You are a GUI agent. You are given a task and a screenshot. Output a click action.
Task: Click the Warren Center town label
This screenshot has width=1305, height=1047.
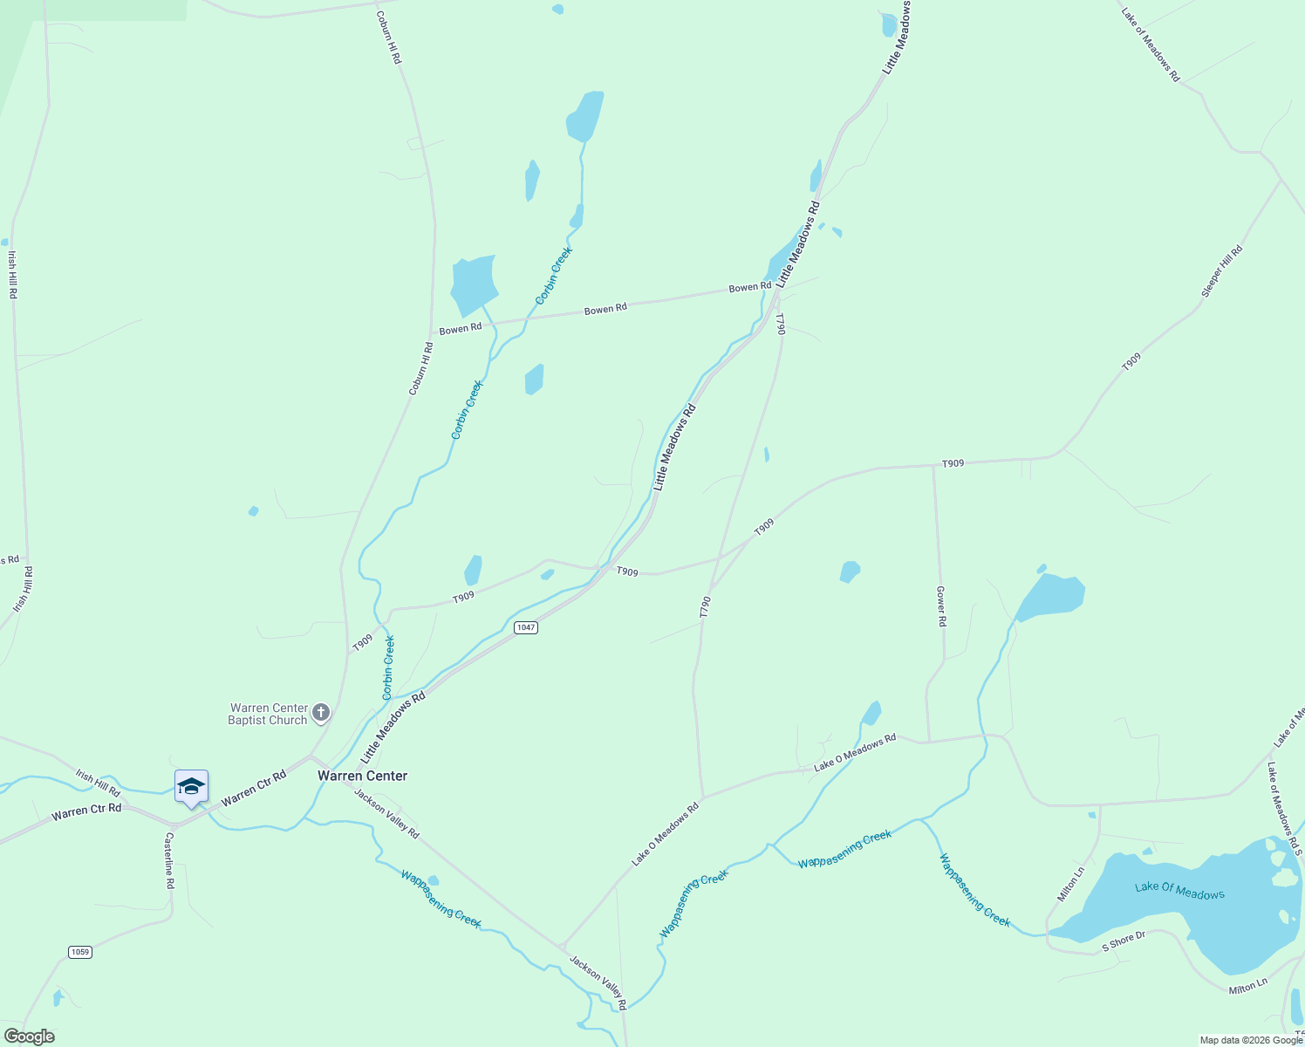point(362,776)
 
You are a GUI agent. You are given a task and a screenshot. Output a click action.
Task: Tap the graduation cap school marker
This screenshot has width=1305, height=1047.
point(191,786)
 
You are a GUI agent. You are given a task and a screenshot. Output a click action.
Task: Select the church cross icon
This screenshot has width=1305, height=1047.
point(321,714)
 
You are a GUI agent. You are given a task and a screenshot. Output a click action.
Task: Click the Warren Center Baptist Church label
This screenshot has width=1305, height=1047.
point(268,714)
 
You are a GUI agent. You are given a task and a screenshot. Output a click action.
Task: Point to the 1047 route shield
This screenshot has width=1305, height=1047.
point(525,627)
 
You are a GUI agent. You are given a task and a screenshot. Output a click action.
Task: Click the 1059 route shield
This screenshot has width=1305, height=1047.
point(80,951)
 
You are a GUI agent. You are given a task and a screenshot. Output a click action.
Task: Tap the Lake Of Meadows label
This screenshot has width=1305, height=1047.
point(1179,890)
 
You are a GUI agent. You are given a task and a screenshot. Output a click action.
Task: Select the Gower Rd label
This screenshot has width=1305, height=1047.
point(941,606)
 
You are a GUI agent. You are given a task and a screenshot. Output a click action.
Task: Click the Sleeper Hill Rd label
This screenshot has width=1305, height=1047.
point(1221,271)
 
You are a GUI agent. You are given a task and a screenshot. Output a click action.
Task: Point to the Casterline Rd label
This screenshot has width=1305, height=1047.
point(169,860)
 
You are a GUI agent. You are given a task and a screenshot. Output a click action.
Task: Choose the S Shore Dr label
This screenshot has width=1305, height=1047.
point(1124,941)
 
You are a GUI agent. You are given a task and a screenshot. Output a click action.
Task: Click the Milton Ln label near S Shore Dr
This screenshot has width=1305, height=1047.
point(1247,986)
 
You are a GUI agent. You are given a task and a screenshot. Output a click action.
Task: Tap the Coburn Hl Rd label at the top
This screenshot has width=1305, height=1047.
point(389,37)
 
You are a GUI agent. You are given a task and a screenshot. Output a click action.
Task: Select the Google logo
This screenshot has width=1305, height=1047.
point(30,1037)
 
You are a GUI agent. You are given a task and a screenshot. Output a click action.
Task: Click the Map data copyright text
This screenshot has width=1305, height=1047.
point(1250,1040)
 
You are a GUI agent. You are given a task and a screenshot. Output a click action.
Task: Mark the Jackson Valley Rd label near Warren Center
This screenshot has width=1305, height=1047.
point(386,814)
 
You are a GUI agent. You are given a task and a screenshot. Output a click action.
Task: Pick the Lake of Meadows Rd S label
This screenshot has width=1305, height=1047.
point(1284,808)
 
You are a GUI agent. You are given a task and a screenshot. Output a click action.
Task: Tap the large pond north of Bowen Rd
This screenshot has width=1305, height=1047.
point(475,283)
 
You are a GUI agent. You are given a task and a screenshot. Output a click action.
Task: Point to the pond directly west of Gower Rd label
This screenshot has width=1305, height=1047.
point(850,571)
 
